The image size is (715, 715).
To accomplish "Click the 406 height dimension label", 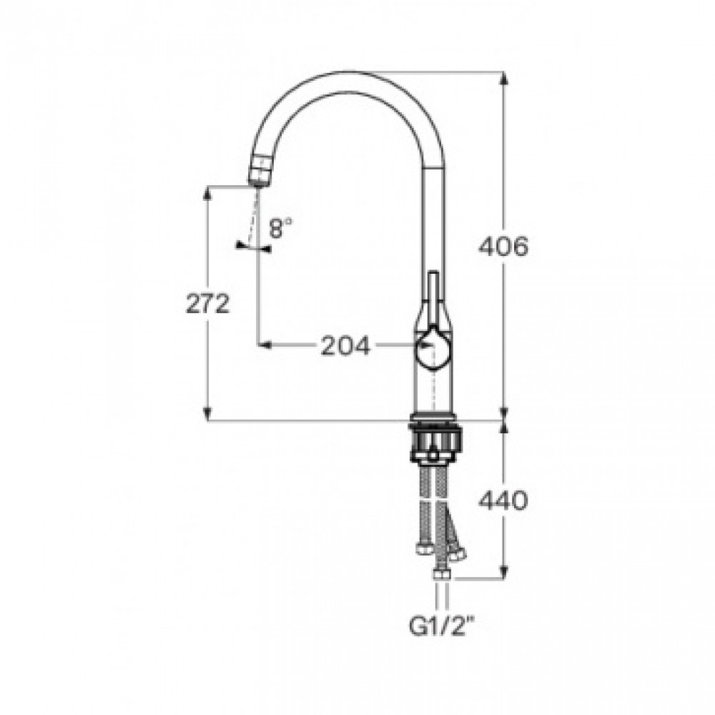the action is point(503,247).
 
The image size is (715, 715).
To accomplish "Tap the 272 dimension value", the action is point(207,303).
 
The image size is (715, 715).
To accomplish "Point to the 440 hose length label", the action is point(503,500).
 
